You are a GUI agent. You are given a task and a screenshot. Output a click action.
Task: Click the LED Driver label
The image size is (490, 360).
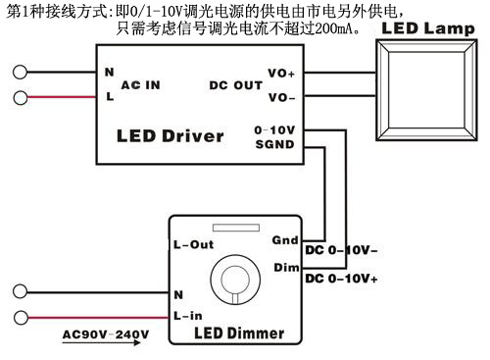[170, 135]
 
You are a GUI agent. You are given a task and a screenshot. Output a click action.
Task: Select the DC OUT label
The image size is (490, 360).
[236, 85]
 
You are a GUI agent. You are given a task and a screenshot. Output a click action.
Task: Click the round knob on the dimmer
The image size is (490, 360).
[231, 279]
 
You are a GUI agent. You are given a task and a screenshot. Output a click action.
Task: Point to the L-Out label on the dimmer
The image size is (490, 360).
[194, 245]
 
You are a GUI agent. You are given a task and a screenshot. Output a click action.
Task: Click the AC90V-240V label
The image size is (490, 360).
[106, 334]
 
